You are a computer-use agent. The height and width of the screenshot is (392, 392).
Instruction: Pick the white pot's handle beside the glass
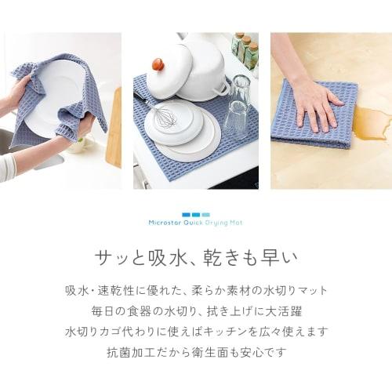[x=222, y=85]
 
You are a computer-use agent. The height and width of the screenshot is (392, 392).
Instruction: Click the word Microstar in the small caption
[x=163, y=222]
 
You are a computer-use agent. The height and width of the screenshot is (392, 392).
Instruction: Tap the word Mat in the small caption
[x=237, y=222]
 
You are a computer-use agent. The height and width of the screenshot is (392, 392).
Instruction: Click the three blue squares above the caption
[x=195, y=214]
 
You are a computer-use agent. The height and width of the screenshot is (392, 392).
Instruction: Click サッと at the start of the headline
[x=118, y=257]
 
